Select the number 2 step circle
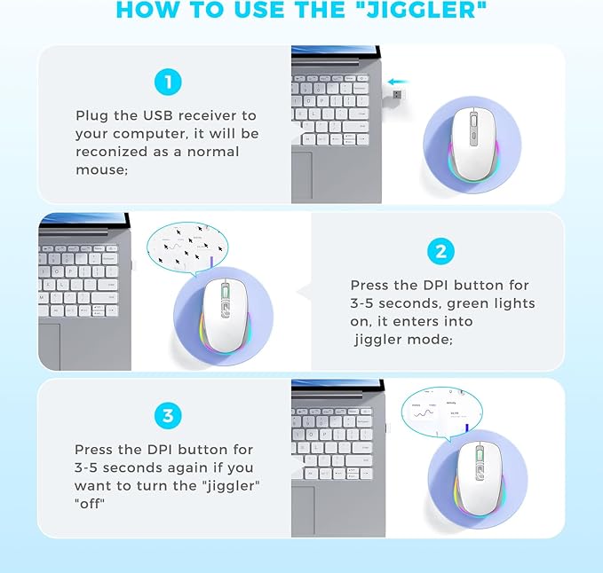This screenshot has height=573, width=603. tap(440, 252)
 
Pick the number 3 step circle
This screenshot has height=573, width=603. tap(168, 415)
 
